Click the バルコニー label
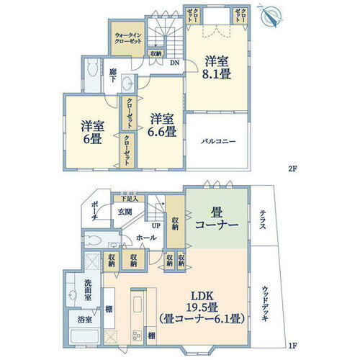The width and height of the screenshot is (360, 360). (x=219, y=141)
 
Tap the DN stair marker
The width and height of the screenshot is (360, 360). (x=175, y=63)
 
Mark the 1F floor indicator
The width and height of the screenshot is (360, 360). (x=292, y=346)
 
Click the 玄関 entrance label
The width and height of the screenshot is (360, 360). (x=127, y=212)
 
